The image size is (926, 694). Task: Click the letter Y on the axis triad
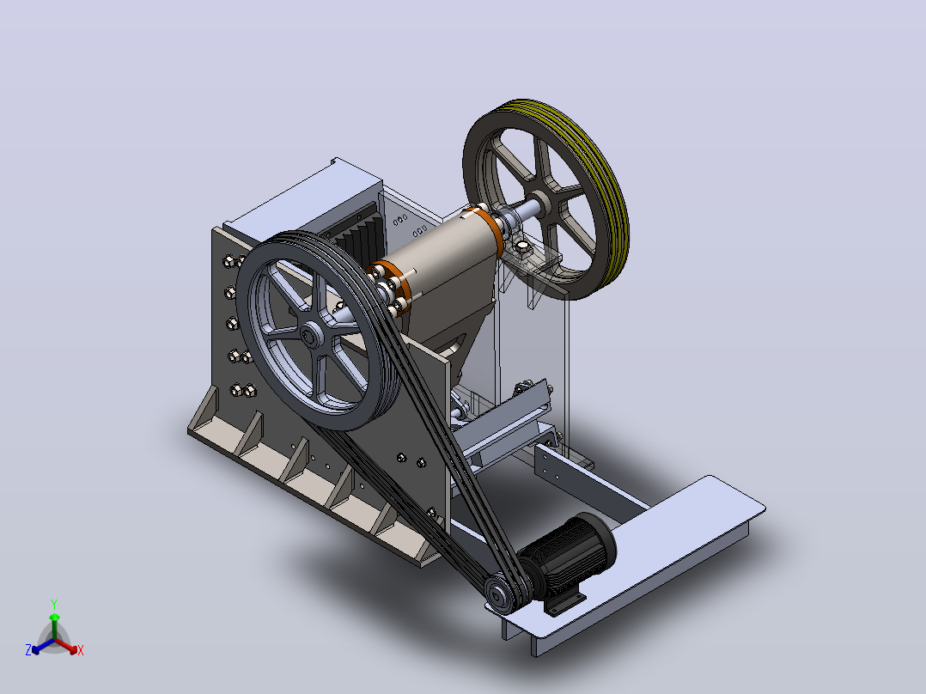[54, 604]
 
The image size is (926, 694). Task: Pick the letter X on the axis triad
[81, 650]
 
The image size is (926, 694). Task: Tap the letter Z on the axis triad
[28, 649]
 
